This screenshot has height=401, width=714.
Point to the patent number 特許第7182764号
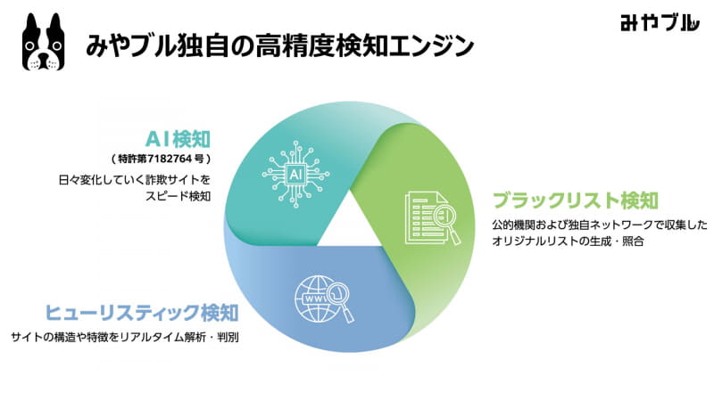click(x=169, y=160)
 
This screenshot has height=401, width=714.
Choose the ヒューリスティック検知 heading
click(x=141, y=314)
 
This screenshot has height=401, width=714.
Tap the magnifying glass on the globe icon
click(x=338, y=293)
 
